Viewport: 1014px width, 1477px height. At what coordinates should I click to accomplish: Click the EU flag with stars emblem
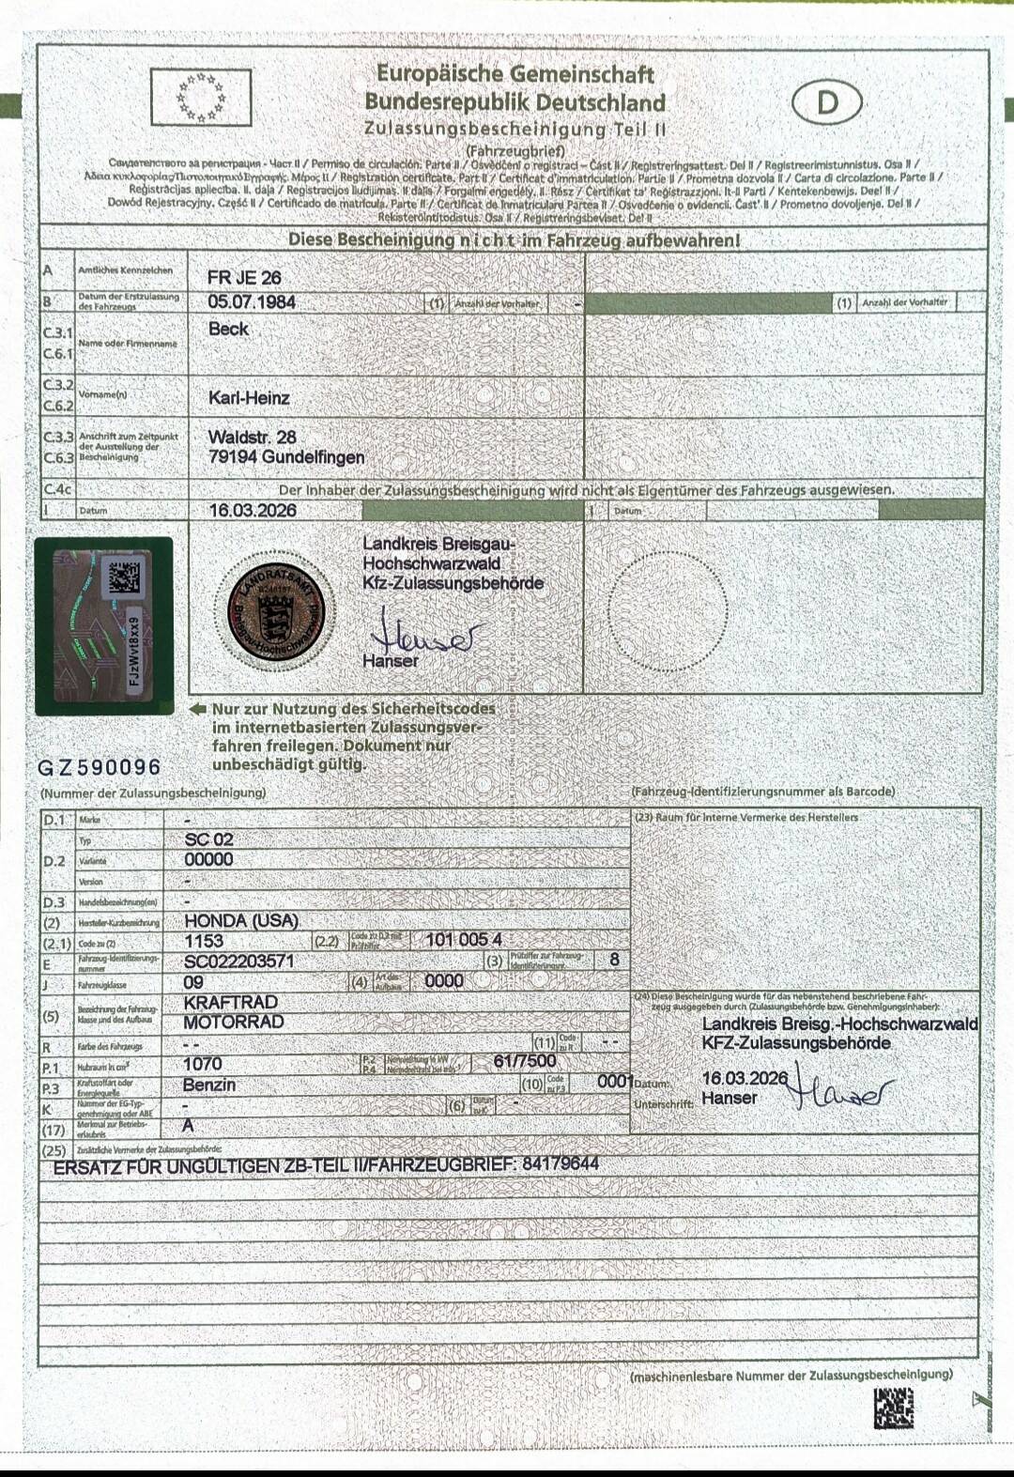point(201,98)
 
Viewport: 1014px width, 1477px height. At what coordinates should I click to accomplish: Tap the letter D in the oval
point(826,102)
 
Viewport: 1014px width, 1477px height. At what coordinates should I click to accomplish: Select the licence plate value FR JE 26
point(244,278)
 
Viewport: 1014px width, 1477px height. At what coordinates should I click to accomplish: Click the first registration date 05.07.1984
point(252,302)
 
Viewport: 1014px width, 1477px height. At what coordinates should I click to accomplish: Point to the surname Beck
point(228,329)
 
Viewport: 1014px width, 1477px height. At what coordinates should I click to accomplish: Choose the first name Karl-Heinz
point(249,398)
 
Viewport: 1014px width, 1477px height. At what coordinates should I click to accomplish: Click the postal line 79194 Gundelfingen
point(286,457)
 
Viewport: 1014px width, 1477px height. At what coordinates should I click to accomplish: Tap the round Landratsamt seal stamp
point(276,611)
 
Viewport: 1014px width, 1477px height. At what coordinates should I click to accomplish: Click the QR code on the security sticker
point(124,577)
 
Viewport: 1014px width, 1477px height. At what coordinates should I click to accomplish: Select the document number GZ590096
point(100,767)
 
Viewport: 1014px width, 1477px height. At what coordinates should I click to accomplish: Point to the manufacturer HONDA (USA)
point(241,920)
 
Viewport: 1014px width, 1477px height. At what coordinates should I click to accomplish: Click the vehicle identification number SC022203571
point(239,961)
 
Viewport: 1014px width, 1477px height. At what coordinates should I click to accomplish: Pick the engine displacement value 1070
point(203,1064)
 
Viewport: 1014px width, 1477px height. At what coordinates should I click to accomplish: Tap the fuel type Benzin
point(209,1085)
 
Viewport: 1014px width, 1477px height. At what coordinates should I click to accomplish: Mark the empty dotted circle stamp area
point(668,611)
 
